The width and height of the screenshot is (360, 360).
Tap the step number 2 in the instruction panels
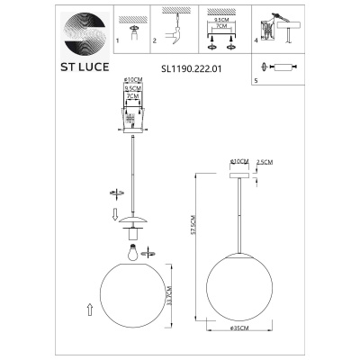(x=155, y=41)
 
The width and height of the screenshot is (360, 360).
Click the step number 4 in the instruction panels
(x=256, y=41)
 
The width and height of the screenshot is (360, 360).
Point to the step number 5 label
(x=256, y=79)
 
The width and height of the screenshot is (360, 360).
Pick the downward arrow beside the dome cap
(x=113, y=213)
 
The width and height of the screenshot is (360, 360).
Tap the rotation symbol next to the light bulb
(x=112, y=251)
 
